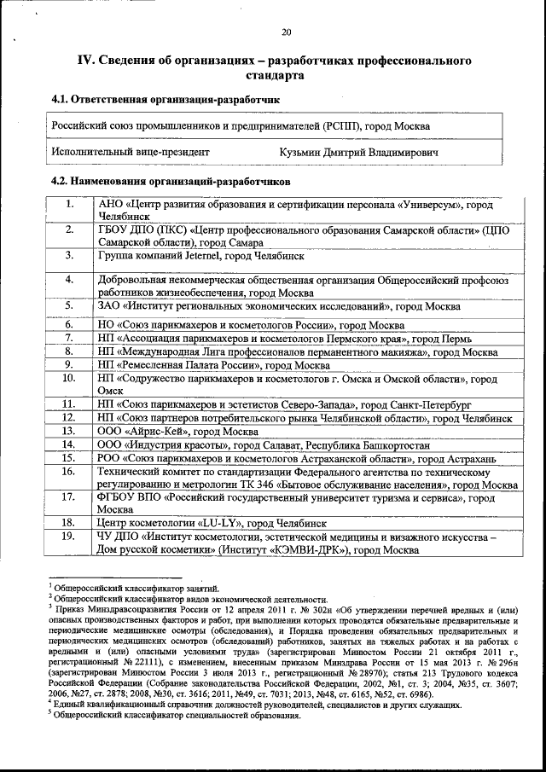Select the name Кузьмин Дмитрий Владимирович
click(x=358, y=152)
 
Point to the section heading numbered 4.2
click(x=171, y=182)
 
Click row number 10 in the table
click(x=69, y=378)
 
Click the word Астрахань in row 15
click(x=469, y=458)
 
